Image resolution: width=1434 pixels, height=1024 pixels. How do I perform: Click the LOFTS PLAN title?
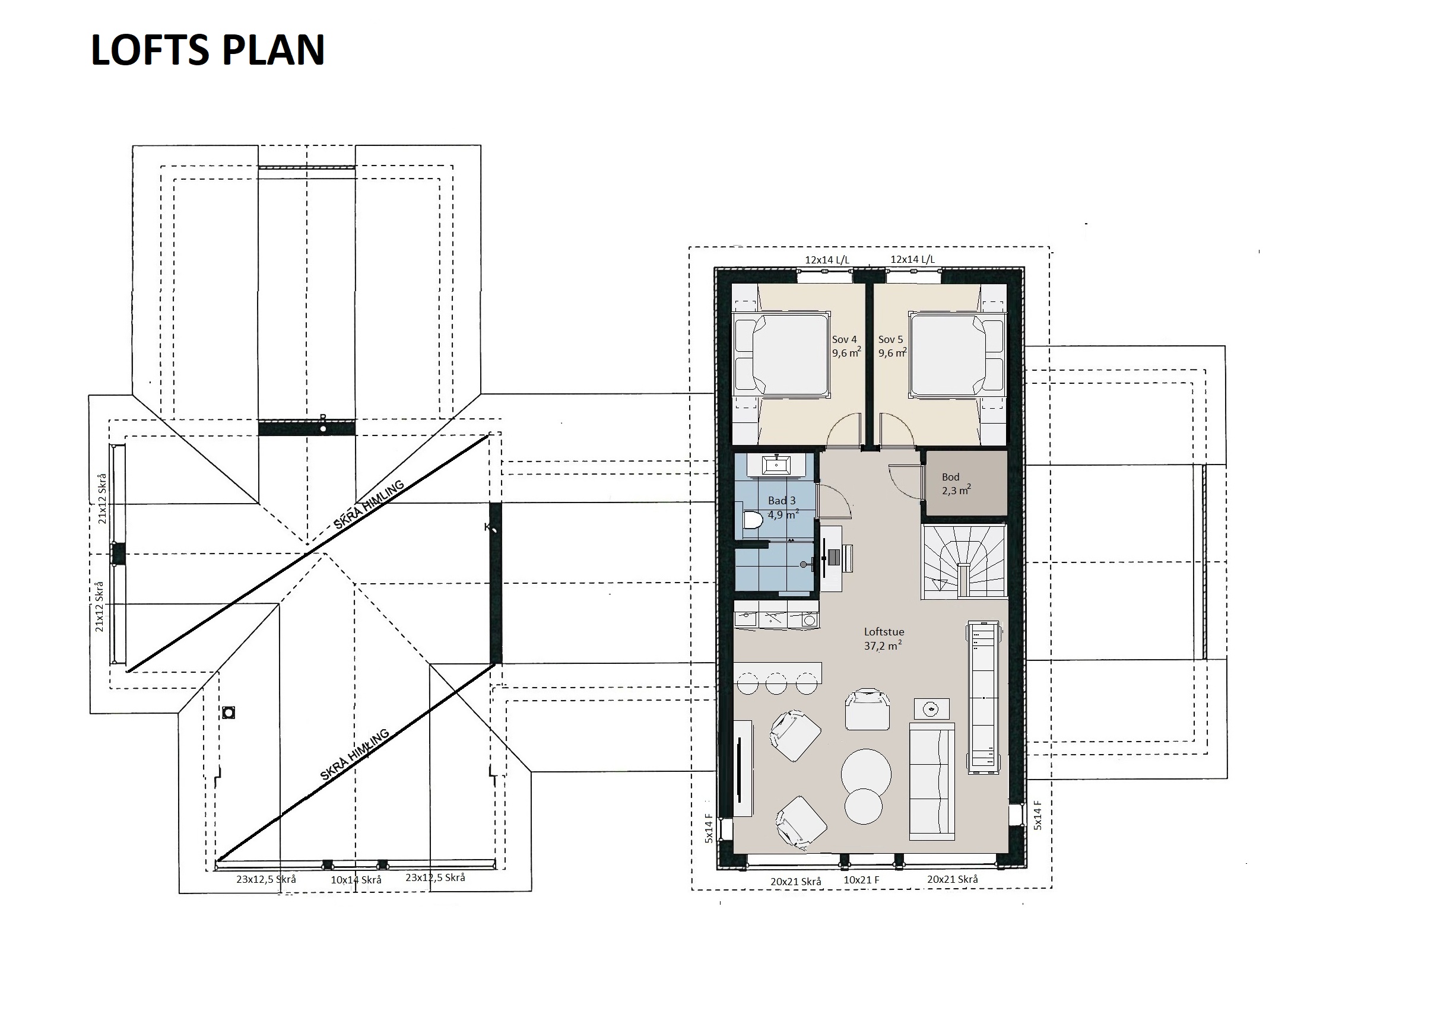click(208, 50)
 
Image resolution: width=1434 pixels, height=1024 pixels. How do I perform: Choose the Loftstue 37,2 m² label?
click(884, 638)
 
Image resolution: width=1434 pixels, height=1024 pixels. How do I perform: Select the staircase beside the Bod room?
click(963, 561)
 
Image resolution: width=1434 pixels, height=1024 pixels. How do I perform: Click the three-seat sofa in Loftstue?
click(932, 782)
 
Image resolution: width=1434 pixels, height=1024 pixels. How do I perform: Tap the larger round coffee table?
click(866, 774)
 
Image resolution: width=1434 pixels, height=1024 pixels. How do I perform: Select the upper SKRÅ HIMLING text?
click(369, 505)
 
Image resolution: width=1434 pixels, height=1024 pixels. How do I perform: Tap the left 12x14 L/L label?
click(827, 259)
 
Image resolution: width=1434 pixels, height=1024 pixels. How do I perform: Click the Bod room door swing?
click(903, 482)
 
